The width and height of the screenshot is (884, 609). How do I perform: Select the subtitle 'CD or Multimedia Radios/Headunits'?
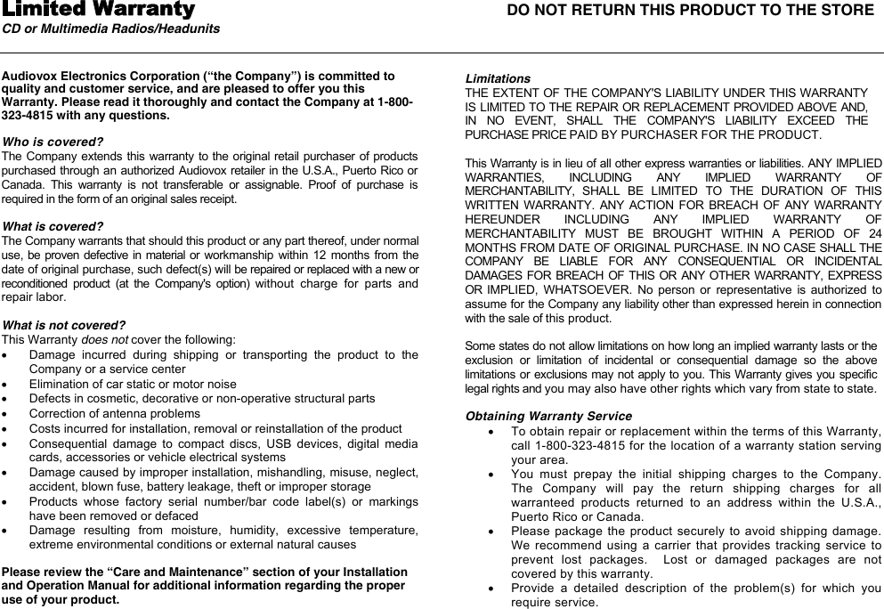click(111, 29)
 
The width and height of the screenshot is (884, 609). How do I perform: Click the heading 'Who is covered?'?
click(53, 142)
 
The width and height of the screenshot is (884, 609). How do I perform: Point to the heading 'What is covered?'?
click(53, 226)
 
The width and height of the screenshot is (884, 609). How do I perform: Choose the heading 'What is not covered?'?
click(63, 325)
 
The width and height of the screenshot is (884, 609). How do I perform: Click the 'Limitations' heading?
click(498, 78)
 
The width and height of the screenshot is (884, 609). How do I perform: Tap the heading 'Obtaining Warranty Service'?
click(548, 416)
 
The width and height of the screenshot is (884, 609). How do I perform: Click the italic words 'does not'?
click(105, 339)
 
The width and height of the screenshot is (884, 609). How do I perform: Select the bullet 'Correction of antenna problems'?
click(114, 413)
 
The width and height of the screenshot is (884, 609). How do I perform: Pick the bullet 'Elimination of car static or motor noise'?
click(133, 384)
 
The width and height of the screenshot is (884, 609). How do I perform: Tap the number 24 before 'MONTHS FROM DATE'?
click(874, 233)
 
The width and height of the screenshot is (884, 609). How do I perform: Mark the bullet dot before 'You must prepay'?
click(492, 474)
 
